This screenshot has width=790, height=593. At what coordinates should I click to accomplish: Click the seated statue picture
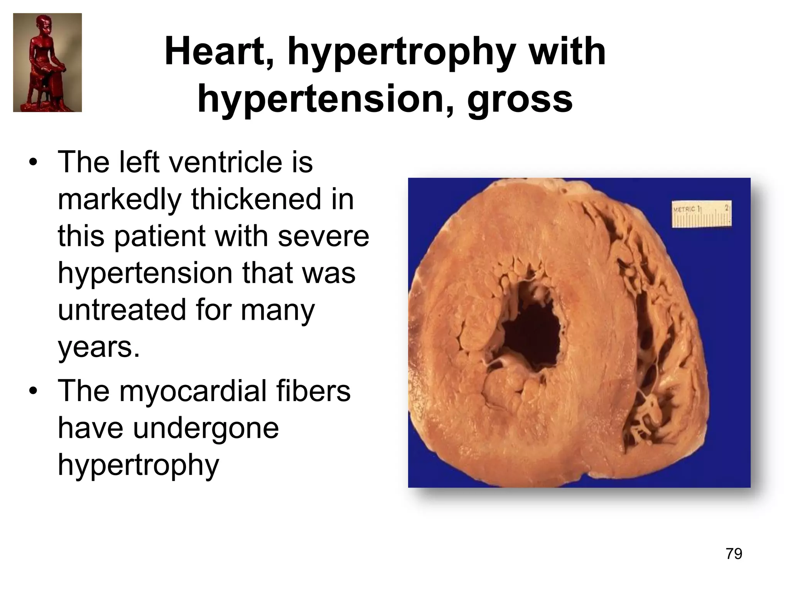(x=47, y=63)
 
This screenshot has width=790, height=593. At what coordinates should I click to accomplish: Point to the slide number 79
(x=734, y=554)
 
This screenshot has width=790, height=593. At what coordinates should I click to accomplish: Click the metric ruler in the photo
(x=702, y=214)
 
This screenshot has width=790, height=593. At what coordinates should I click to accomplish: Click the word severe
(x=323, y=236)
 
